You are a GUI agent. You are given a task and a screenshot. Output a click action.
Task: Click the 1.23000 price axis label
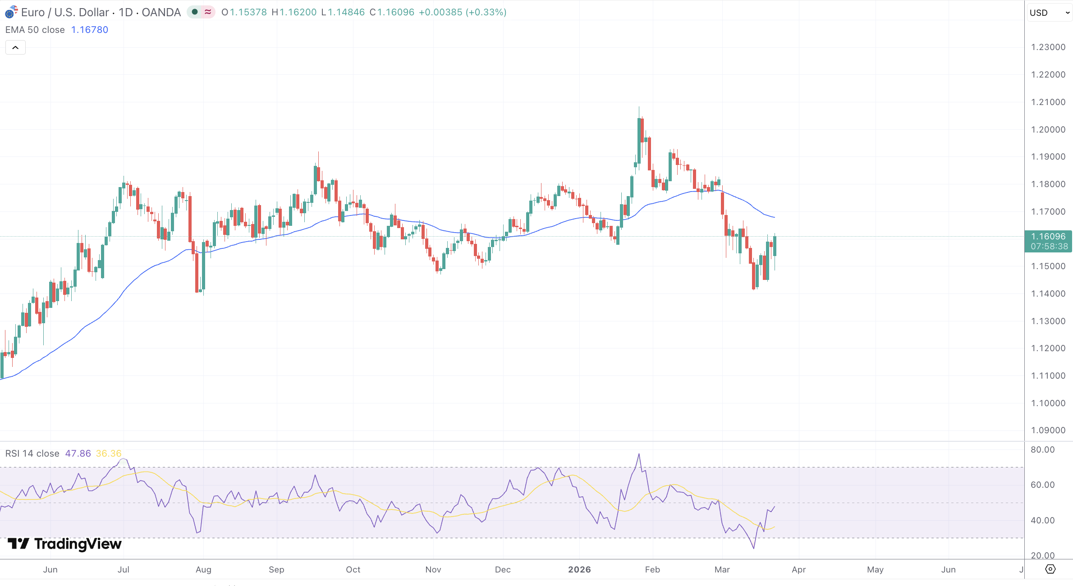1048,47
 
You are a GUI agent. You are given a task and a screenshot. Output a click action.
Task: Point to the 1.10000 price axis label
1048,403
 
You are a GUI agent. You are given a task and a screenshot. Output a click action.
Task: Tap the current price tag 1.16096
1048,237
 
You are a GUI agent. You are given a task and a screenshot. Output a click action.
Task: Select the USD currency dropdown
1049,13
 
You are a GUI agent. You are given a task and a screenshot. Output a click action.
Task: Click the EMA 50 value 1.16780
90,30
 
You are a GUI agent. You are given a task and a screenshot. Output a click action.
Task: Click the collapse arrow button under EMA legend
15,47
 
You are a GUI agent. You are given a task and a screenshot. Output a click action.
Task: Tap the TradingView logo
65,544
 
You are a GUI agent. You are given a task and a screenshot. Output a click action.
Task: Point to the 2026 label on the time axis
579,569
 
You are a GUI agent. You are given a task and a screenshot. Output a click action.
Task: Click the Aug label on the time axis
203,569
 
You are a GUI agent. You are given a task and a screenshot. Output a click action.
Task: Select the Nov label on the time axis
433,569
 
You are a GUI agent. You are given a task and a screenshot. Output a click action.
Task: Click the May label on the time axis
875,569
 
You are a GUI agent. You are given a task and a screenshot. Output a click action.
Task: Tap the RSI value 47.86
78,453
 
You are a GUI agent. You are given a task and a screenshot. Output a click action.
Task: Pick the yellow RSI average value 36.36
109,453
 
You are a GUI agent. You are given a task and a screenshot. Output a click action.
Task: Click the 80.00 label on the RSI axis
1042,449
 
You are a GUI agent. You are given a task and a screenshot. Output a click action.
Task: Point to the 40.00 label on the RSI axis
1042,520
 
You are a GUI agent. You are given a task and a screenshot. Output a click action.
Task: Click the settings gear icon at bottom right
1050,569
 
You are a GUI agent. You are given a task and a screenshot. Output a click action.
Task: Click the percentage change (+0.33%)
486,12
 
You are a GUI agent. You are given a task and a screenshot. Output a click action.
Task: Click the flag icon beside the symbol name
11,12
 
